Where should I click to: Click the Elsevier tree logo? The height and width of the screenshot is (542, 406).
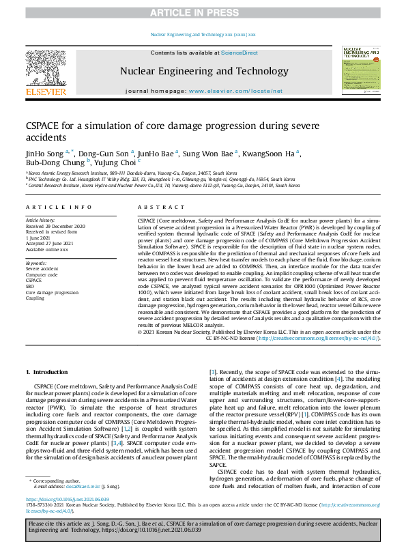pyautogui.click(x=46, y=70)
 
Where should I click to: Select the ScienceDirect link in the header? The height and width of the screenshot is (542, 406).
pyautogui.click(x=233, y=53)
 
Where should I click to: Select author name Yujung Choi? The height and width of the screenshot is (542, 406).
pyautogui.click(x=115, y=162)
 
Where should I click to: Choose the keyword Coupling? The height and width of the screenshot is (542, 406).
pyautogui.click(x=35, y=298)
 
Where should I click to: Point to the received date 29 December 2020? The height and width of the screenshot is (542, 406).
pyautogui.click(x=66, y=226)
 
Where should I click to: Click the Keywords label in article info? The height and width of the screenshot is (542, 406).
pyautogui.click(x=36, y=263)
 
